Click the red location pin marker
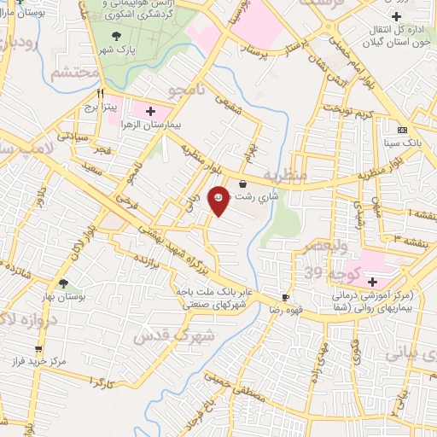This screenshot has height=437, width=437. (218, 200)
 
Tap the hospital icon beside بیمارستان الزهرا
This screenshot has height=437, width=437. (151, 111)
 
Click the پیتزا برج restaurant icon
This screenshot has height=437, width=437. (101, 93)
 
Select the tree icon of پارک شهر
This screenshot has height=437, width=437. (119, 35)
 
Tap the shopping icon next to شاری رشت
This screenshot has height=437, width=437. (243, 183)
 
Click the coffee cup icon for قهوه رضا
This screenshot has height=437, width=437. (287, 298)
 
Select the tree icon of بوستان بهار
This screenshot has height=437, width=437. (63, 283)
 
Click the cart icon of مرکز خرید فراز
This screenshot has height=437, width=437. (38, 348)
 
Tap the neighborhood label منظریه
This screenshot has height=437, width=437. (283, 175)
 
